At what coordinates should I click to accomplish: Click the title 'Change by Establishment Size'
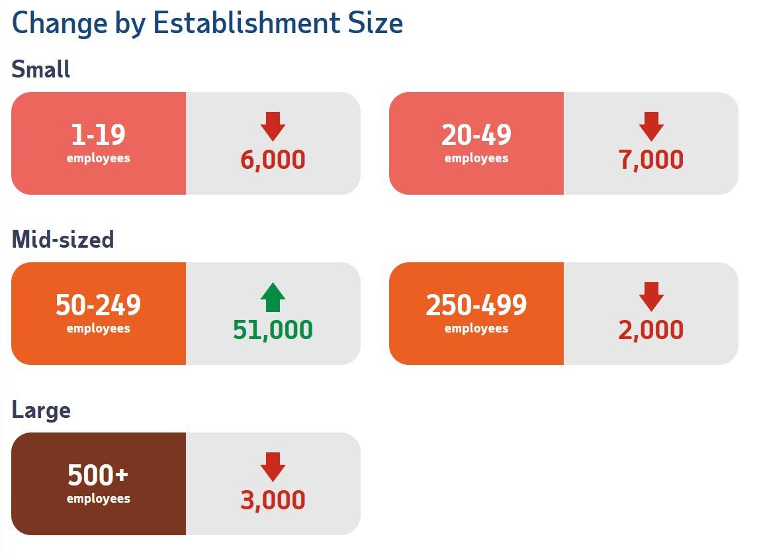pyautogui.click(x=207, y=24)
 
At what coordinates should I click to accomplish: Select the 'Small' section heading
pyautogui.click(x=41, y=69)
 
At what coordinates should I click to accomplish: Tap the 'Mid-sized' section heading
pyautogui.click(x=63, y=239)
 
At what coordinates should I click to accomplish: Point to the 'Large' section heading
pyautogui.click(x=41, y=410)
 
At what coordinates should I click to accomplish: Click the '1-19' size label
pyautogui.click(x=98, y=135)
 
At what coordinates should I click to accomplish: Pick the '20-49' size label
pyautogui.click(x=476, y=135)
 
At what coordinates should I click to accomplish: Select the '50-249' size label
pyautogui.click(x=98, y=305)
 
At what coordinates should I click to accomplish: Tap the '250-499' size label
pyautogui.click(x=476, y=305)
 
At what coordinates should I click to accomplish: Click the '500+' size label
pyautogui.click(x=98, y=476)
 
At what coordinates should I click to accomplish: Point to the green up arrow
pyautogui.click(x=273, y=297)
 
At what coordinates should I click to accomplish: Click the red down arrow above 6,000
pyautogui.click(x=273, y=126)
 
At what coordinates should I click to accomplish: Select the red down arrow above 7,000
pyautogui.click(x=651, y=126)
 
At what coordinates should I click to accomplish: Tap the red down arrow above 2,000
pyautogui.click(x=651, y=296)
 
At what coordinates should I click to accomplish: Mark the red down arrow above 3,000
pyautogui.click(x=273, y=466)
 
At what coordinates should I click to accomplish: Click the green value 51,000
pyautogui.click(x=273, y=330)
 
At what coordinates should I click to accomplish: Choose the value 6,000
pyautogui.click(x=273, y=160)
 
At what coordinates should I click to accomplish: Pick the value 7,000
pyautogui.click(x=651, y=160)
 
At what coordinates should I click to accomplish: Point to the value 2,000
pyautogui.click(x=651, y=330)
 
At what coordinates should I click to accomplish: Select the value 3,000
pyautogui.click(x=273, y=500)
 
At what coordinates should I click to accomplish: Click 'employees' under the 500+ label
pyautogui.click(x=98, y=499)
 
